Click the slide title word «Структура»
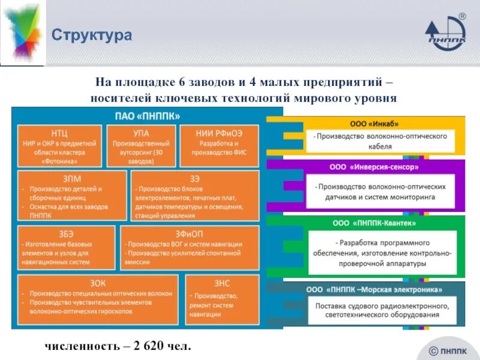coord(91,35)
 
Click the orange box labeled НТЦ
coord(59,146)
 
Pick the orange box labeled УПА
coord(141,146)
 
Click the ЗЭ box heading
coord(195,177)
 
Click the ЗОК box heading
coord(97,283)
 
